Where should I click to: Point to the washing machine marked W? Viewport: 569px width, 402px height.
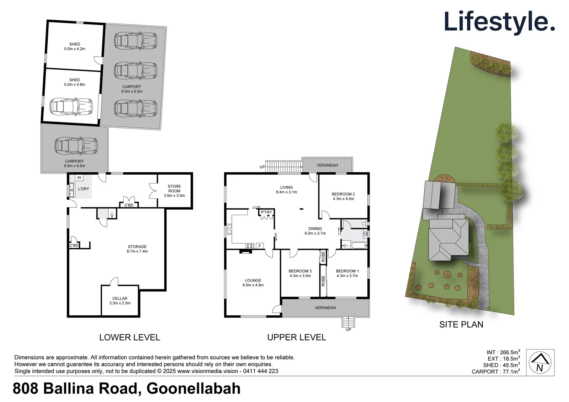79,178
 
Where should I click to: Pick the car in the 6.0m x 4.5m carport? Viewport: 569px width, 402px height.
76,146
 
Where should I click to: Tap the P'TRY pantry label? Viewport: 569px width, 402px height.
266,212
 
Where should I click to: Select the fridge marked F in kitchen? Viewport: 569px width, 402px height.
260,246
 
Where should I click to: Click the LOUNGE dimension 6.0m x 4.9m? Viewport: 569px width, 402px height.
253,285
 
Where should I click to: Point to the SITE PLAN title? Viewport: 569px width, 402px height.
461,325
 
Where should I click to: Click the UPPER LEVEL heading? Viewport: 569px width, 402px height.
296,337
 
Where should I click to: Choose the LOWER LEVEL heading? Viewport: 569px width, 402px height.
129,337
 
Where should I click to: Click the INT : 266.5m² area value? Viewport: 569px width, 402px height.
503,352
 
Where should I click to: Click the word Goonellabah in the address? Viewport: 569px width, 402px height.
193,389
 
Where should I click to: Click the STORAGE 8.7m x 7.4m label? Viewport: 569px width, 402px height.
137,249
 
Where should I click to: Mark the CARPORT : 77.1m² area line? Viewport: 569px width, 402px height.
496,371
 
